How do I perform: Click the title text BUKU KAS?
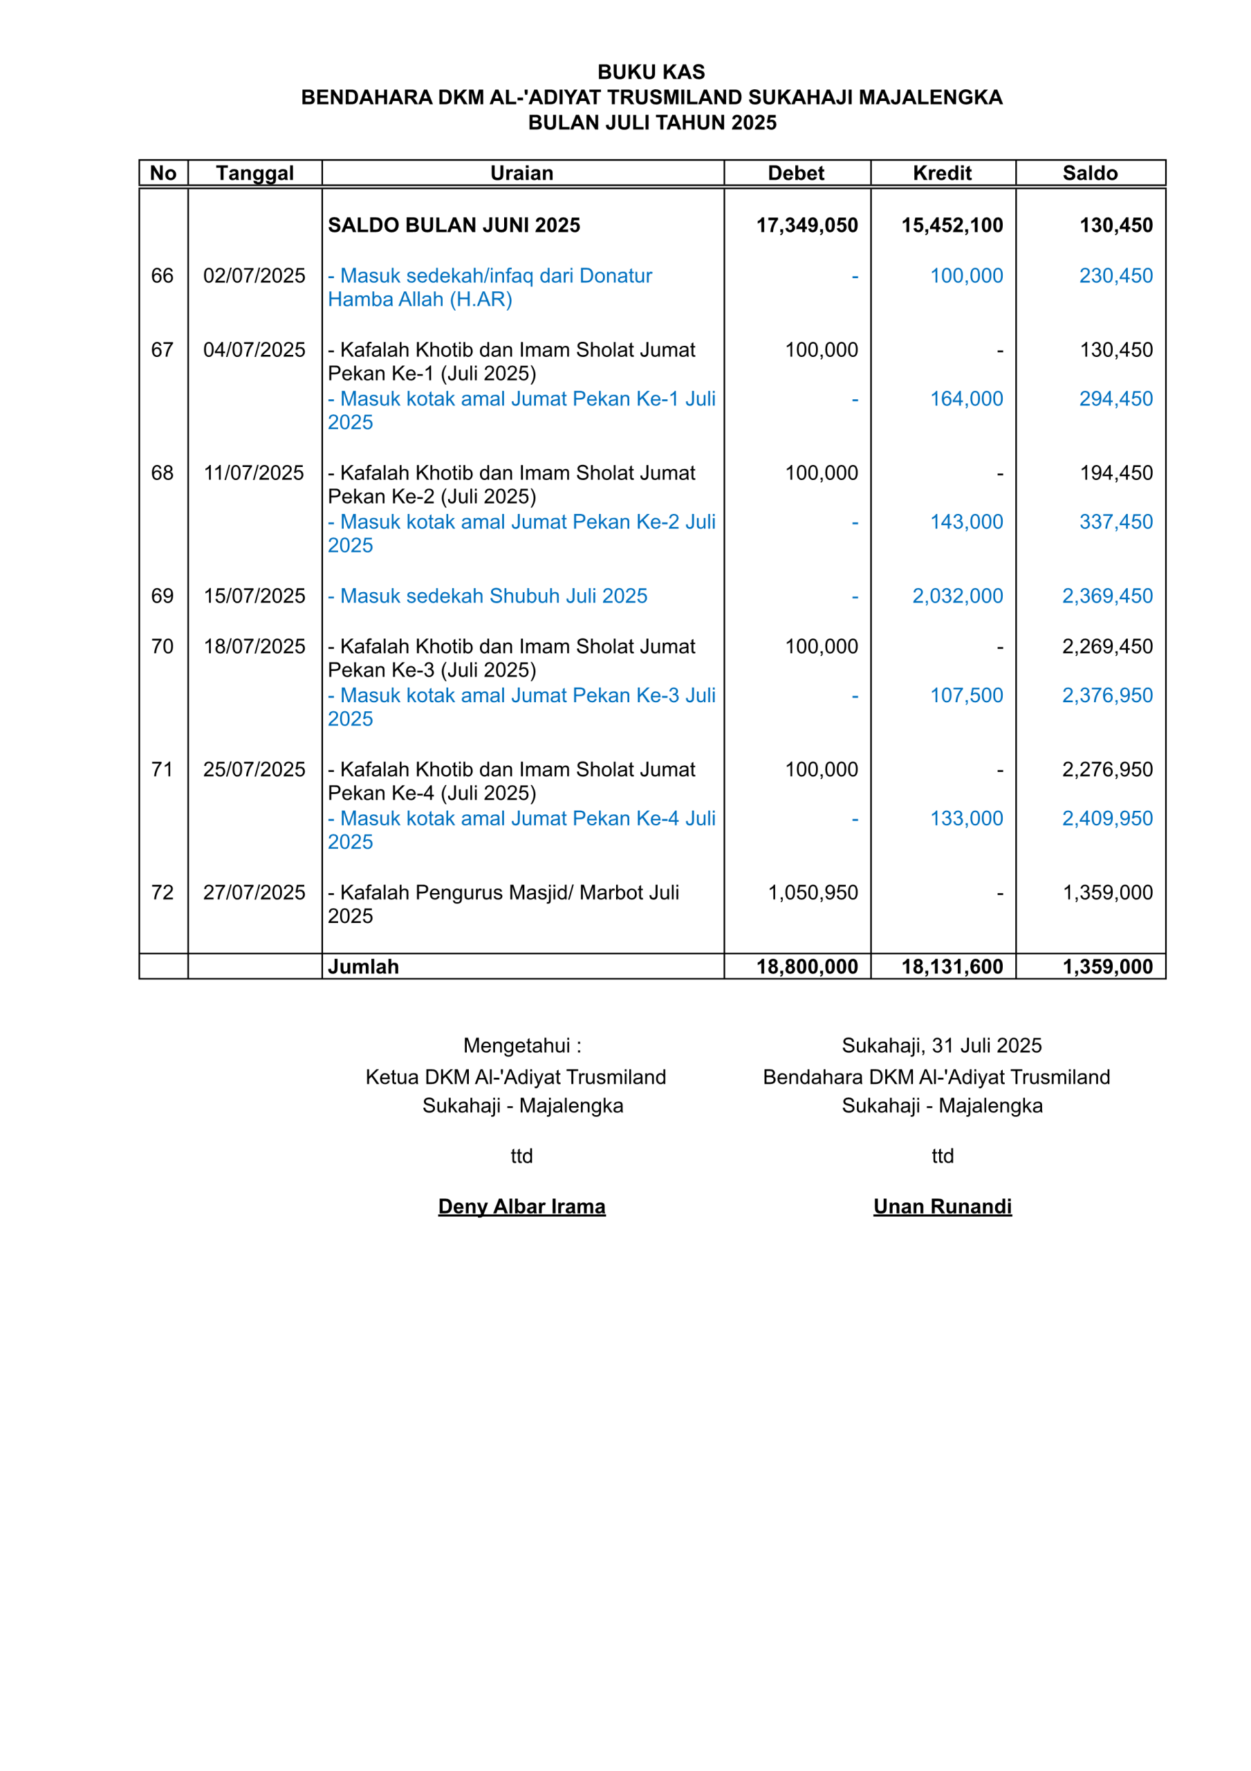pos(651,72)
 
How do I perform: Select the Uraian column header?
pos(521,173)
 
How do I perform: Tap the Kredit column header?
pos(942,173)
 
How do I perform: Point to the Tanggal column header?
pos(254,173)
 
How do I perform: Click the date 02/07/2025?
pos(254,275)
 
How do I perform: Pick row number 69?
pos(162,596)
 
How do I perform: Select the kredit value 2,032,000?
pos(957,596)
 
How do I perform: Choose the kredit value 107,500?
pos(965,695)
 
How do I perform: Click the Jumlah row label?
pos(363,966)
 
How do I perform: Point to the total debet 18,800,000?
pos(807,966)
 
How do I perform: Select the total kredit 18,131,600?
pos(952,966)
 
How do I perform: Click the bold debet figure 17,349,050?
pos(807,226)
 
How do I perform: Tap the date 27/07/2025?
pos(254,892)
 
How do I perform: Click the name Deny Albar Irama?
pos(521,1206)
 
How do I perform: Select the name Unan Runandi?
pos(942,1206)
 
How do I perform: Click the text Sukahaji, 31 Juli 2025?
pos(941,1045)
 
